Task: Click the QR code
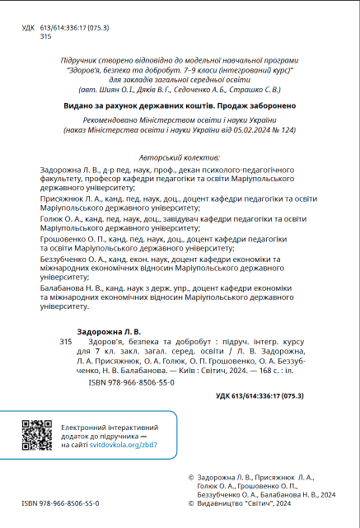point(35,435)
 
